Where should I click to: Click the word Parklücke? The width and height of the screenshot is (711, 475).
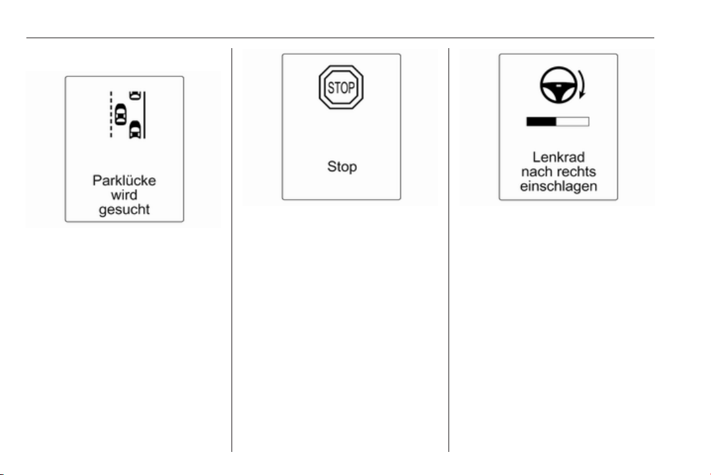coord(124,181)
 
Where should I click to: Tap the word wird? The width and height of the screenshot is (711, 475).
coord(124,195)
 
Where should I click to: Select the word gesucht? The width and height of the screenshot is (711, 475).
coord(124,210)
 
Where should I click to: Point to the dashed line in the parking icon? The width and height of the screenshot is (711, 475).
coord(111,115)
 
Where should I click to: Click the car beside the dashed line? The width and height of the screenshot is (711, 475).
coord(120,114)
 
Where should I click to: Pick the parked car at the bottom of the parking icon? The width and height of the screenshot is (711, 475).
coord(135,130)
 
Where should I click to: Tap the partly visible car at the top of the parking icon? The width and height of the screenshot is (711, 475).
coord(135,95)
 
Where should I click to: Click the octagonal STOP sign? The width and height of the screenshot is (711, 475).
coord(341,87)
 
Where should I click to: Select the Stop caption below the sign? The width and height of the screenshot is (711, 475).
coord(342,167)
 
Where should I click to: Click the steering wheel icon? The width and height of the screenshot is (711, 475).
coord(559,85)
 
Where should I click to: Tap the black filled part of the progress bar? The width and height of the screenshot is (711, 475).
coord(541,121)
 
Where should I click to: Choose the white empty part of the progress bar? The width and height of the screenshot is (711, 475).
coord(572,121)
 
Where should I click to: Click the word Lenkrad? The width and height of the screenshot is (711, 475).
coord(559,157)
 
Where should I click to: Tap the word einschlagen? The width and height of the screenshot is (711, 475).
coord(559,186)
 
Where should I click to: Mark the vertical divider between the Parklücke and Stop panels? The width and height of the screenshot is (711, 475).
coord(232,250)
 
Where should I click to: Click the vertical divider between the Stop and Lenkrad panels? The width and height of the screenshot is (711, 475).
coord(449,250)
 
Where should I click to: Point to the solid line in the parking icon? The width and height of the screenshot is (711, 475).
coord(144,115)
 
